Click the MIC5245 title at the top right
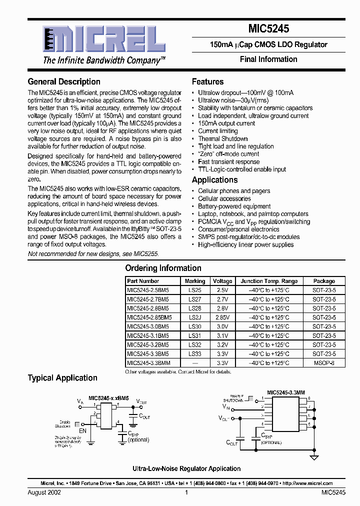point(268,29)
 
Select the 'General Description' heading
point(64,81)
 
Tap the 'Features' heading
point(207,81)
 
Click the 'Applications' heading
point(214,180)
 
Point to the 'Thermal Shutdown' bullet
point(222,138)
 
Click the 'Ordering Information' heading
point(163,268)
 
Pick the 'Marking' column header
point(195,281)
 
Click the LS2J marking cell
point(195,317)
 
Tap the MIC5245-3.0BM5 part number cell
point(147,326)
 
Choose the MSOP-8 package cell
point(324,363)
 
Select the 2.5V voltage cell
point(222,290)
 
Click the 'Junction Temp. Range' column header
point(269,281)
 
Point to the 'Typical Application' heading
point(62,378)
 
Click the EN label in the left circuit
point(82,430)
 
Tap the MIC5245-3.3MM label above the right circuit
point(285,393)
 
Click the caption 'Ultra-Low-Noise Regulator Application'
point(186,468)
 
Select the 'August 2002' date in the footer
point(44,492)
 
